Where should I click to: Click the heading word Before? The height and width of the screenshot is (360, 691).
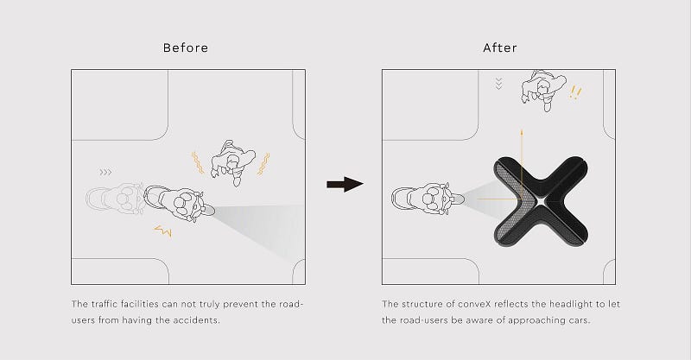click(186, 47)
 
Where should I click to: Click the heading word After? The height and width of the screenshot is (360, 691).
click(500, 47)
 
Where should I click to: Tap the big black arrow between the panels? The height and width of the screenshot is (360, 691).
click(345, 184)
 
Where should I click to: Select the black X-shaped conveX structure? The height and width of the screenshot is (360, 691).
click(541, 201)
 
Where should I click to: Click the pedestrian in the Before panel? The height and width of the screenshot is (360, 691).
click(232, 162)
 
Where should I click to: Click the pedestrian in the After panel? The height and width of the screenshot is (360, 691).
click(543, 90)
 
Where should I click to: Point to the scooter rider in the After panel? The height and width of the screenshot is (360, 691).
click(428, 199)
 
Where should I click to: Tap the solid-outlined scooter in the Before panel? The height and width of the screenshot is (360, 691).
click(180, 204)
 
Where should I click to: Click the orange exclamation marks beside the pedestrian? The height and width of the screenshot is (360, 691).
click(575, 92)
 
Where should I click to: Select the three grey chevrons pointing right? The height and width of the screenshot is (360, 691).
click(105, 172)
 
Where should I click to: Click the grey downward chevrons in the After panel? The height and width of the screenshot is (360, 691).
click(499, 84)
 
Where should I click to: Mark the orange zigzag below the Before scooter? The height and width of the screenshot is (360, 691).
click(163, 231)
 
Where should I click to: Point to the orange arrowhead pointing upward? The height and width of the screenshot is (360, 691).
click(522, 132)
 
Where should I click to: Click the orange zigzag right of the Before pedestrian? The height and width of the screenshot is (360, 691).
click(264, 164)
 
